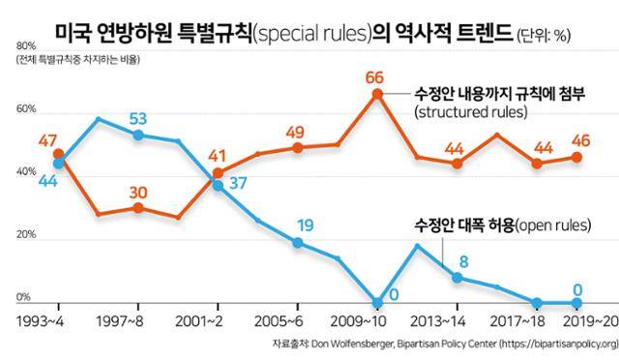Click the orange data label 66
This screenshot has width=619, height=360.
(x=376, y=77)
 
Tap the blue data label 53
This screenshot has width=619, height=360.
(x=139, y=119)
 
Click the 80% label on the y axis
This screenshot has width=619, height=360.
(x=26, y=46)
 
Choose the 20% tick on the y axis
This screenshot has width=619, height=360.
(x=26, y=235)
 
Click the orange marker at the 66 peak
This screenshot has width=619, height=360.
(x=378, y=94)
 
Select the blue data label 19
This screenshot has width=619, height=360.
(x=304, y=226)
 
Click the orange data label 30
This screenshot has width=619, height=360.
(x=138, y=192)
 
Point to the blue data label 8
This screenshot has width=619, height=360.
(x=463, y=260)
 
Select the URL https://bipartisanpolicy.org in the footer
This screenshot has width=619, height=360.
(x=546, y=344)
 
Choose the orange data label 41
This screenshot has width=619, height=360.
(x=219, y=156)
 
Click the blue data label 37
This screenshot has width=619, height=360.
(x=237, y=184)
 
